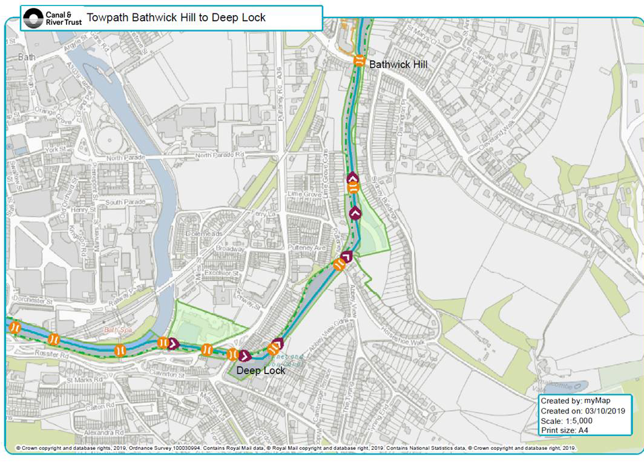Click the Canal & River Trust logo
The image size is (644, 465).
click(51, 18)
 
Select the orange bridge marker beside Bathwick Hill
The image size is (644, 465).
click(359, 61)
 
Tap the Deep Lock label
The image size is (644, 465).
click(260, 371)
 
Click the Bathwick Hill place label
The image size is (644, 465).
click(398, 64)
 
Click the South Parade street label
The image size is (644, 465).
click(122, 202)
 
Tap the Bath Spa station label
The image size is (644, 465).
click(117, 331)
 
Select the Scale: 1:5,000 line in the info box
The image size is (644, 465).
click(567, 421)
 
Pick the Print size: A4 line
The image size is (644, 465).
click(565, 430)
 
